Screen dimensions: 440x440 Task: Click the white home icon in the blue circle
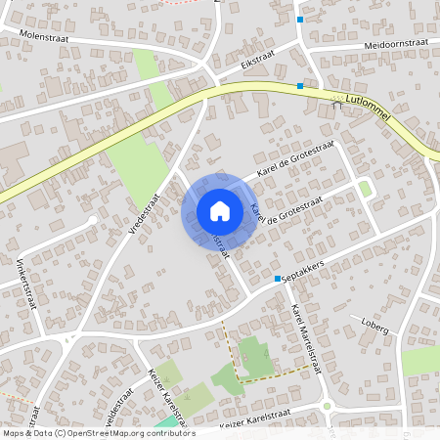tap(219, 210)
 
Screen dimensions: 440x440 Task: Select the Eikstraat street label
tap(256, 61)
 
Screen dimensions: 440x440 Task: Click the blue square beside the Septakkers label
tap(278, 279)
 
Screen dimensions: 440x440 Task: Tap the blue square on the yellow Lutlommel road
tap(299, 86)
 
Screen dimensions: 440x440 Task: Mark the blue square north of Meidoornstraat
tap(300, 19)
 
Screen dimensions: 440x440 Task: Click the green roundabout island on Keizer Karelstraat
tap(329, 407)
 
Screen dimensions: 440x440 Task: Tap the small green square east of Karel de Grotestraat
tap(365, 188)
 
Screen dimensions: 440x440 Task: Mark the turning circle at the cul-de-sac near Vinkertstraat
tap(93, 221)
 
